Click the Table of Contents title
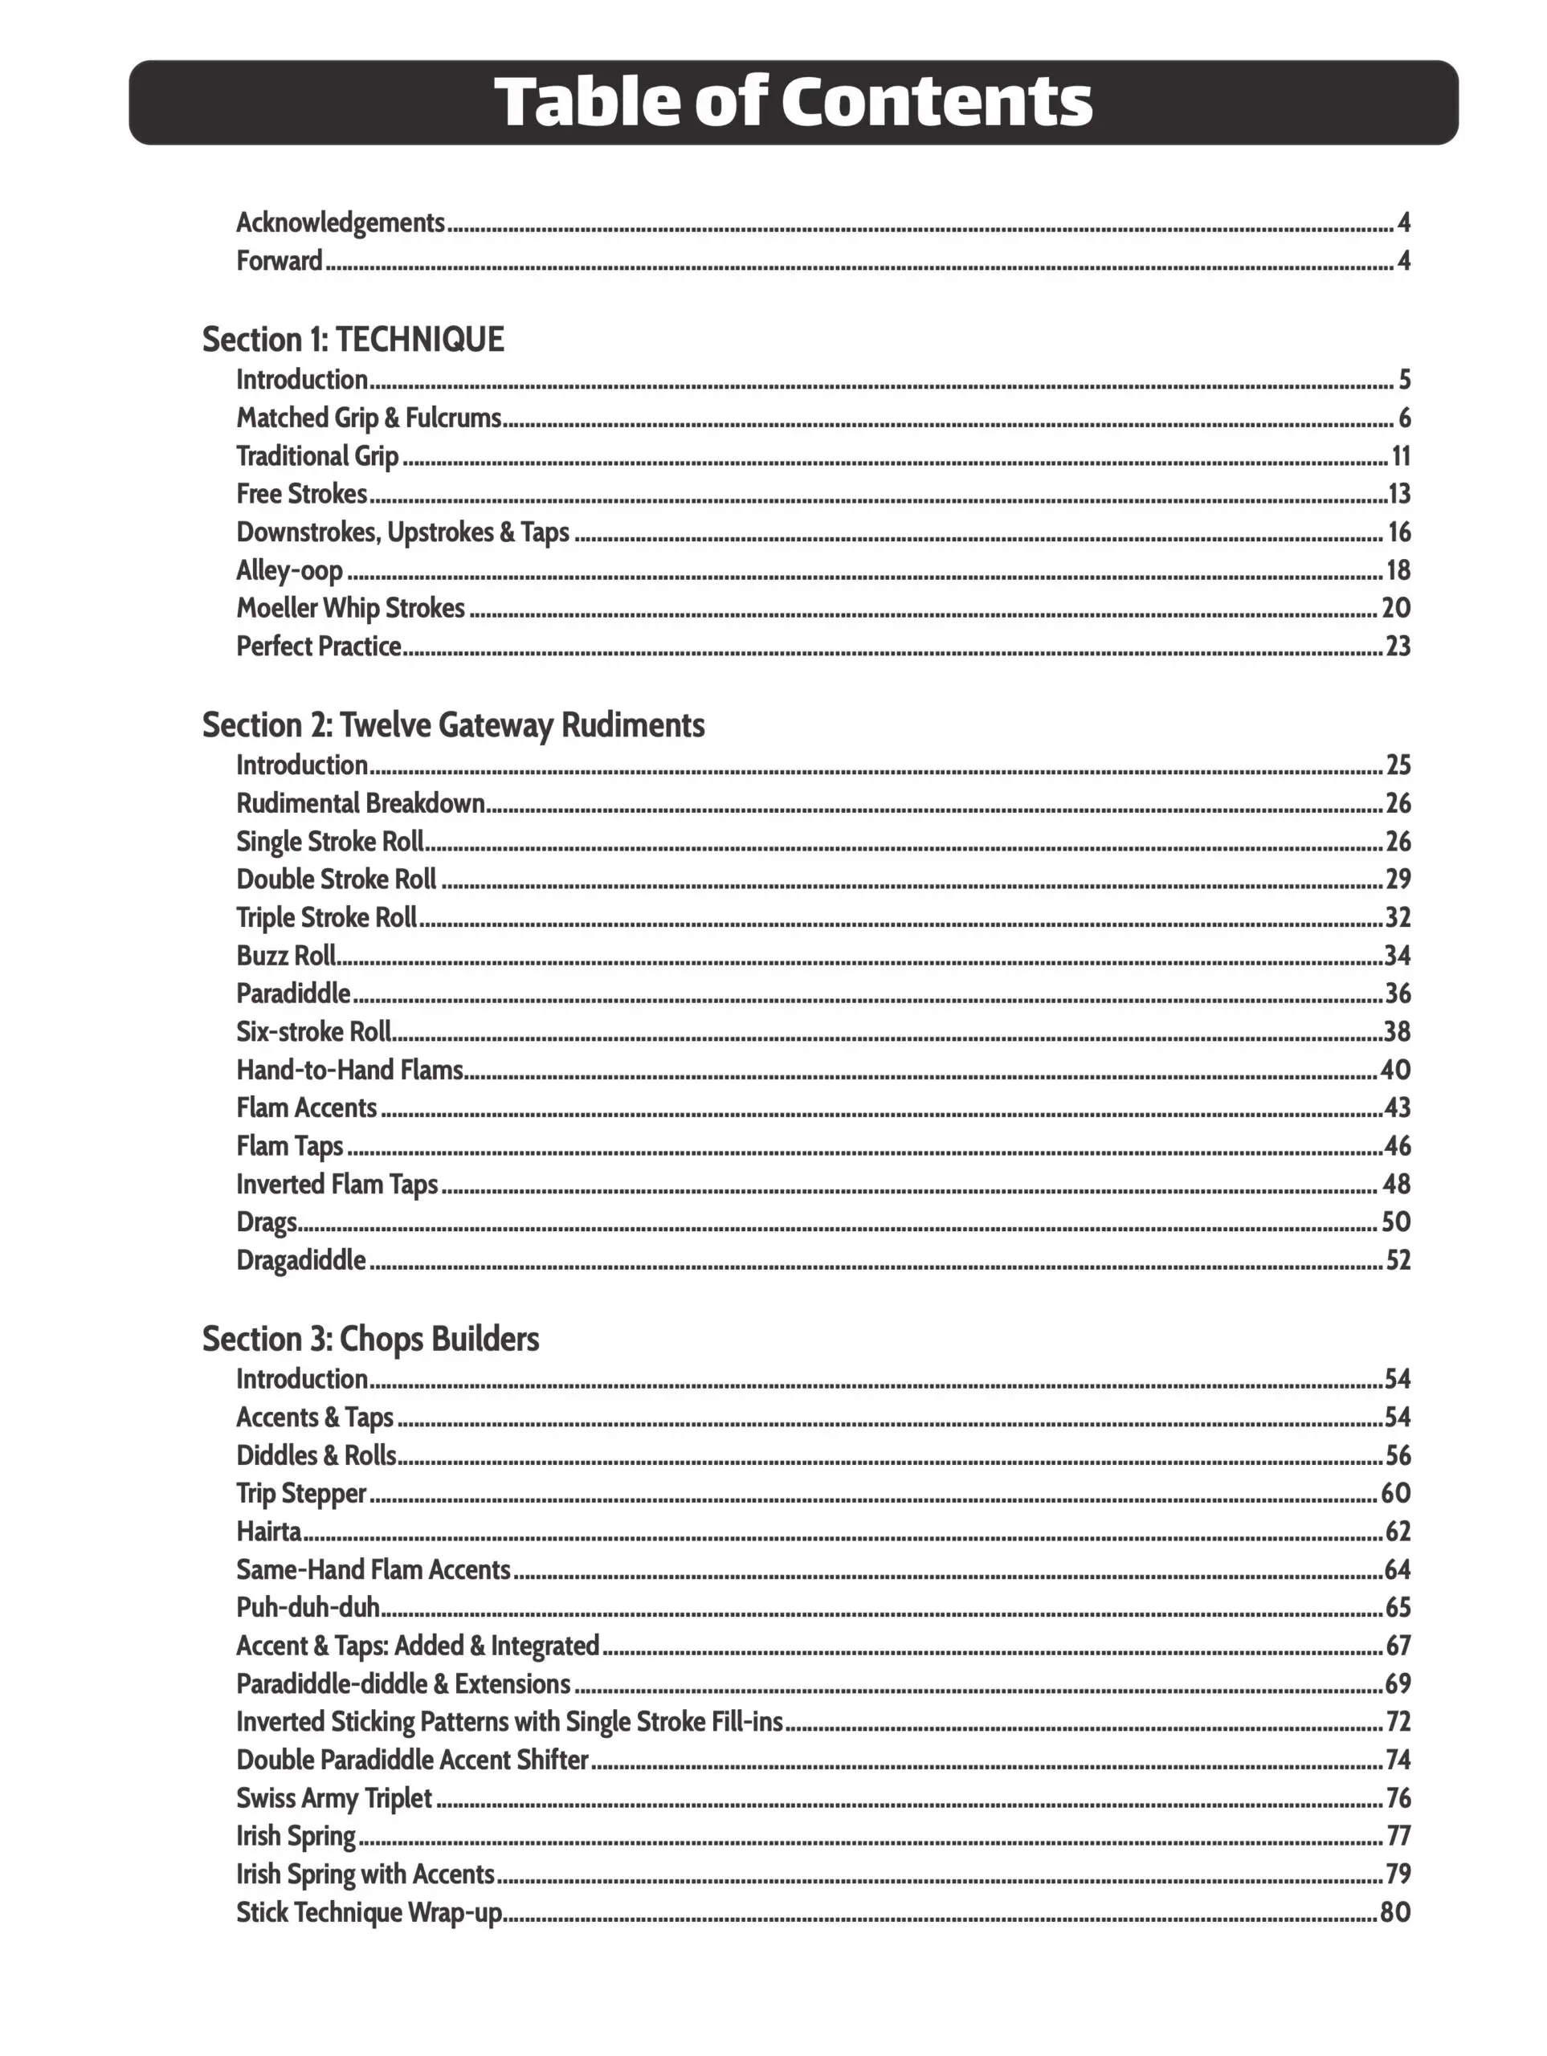coord(792,101)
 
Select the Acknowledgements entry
coord(341,223)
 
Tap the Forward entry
coord(279,261)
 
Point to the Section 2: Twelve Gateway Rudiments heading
coord(453,725)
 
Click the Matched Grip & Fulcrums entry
coord(368,418)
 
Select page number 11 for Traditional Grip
coord(1400,456)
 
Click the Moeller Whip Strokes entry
coord(350,609)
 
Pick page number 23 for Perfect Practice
coord(1398,647)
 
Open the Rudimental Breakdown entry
coord(360,804)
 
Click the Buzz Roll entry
coord(285,957)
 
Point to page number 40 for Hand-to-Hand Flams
coord(1395,1071)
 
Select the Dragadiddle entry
coord(300,1261)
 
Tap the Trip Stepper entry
coord(301,1494)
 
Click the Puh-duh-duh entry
coord(308,1608)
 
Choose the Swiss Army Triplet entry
coord(334,1798)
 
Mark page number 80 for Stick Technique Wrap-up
coord(1394,1913)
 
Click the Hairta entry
coord(269,1532)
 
